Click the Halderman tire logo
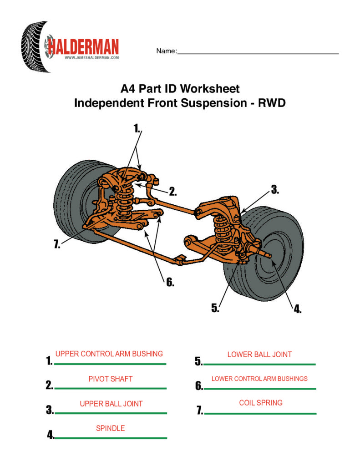(35, 47)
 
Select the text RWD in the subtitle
(272, 103)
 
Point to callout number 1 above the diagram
(137, 128)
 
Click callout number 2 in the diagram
(173, 192)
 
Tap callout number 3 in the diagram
(275, 190)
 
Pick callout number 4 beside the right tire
(297, 309)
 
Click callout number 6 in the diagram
(170, 282)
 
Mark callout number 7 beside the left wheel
(56, 245)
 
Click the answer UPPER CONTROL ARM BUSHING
(109, 354)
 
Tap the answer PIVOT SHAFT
(111, 379)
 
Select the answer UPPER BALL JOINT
(111, 404)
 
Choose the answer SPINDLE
(110, 428)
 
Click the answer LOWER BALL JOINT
(259, 355)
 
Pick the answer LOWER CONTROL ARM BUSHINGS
(259, 379)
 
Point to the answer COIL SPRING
(261, 403)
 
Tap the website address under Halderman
(91, 58)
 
